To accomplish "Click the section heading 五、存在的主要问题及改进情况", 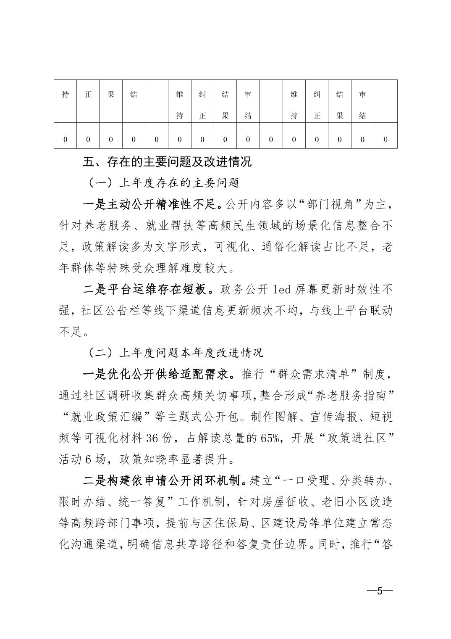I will click(x=167, y=162).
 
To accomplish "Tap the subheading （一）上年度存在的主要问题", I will click(x=164, y=183).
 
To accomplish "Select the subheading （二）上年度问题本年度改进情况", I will click(x=176, y=352).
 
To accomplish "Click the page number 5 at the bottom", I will click(x=380, y=591).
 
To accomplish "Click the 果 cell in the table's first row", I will click(x=111, y=95).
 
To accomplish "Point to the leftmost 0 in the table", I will click(x=65, y=140).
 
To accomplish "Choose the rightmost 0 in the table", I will click(x=385, y=140).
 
